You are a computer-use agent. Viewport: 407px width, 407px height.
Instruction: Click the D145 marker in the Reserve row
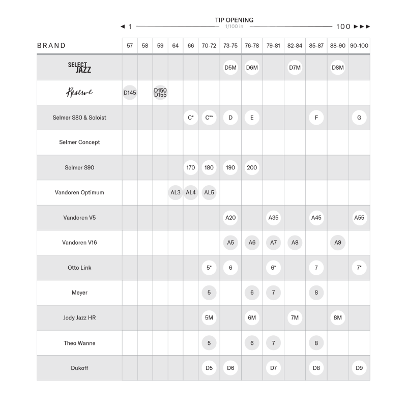coord(130,93)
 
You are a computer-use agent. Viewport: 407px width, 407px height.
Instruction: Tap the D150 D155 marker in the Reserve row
coord(160,93)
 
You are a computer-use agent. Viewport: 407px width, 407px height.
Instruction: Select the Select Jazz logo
coord(79,68)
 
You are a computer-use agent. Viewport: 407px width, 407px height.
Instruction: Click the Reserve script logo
coord(79,93)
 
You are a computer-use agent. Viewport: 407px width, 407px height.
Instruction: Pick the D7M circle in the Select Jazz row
coord(295,68)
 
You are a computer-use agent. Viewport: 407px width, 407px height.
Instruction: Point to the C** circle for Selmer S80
coord(209,118)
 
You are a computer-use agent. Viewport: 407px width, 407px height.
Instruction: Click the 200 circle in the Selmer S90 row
coord(252,167)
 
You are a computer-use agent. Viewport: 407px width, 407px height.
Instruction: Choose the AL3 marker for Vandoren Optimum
coord(176,192)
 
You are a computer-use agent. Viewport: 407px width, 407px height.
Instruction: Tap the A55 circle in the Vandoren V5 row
coord(359,217)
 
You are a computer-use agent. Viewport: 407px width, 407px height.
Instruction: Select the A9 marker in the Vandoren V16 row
coord(338,243)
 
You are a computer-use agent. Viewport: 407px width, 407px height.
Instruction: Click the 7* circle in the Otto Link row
coord(359,268)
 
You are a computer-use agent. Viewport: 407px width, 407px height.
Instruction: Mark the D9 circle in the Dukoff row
coord(359,368)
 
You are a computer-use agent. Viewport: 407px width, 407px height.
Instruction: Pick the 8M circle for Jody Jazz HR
coord(338,318)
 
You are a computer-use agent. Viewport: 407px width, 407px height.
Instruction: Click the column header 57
coord(130,46)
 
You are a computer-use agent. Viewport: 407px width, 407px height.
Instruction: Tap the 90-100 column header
coord(359,46)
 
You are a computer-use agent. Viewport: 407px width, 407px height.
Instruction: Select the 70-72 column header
coord(209,46)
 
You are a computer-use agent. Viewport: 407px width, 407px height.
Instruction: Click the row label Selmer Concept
coord(79,142)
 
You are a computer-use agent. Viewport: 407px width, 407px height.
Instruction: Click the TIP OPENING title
coord(234,20)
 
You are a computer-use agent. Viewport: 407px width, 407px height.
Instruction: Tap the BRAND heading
coord(51,46)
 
